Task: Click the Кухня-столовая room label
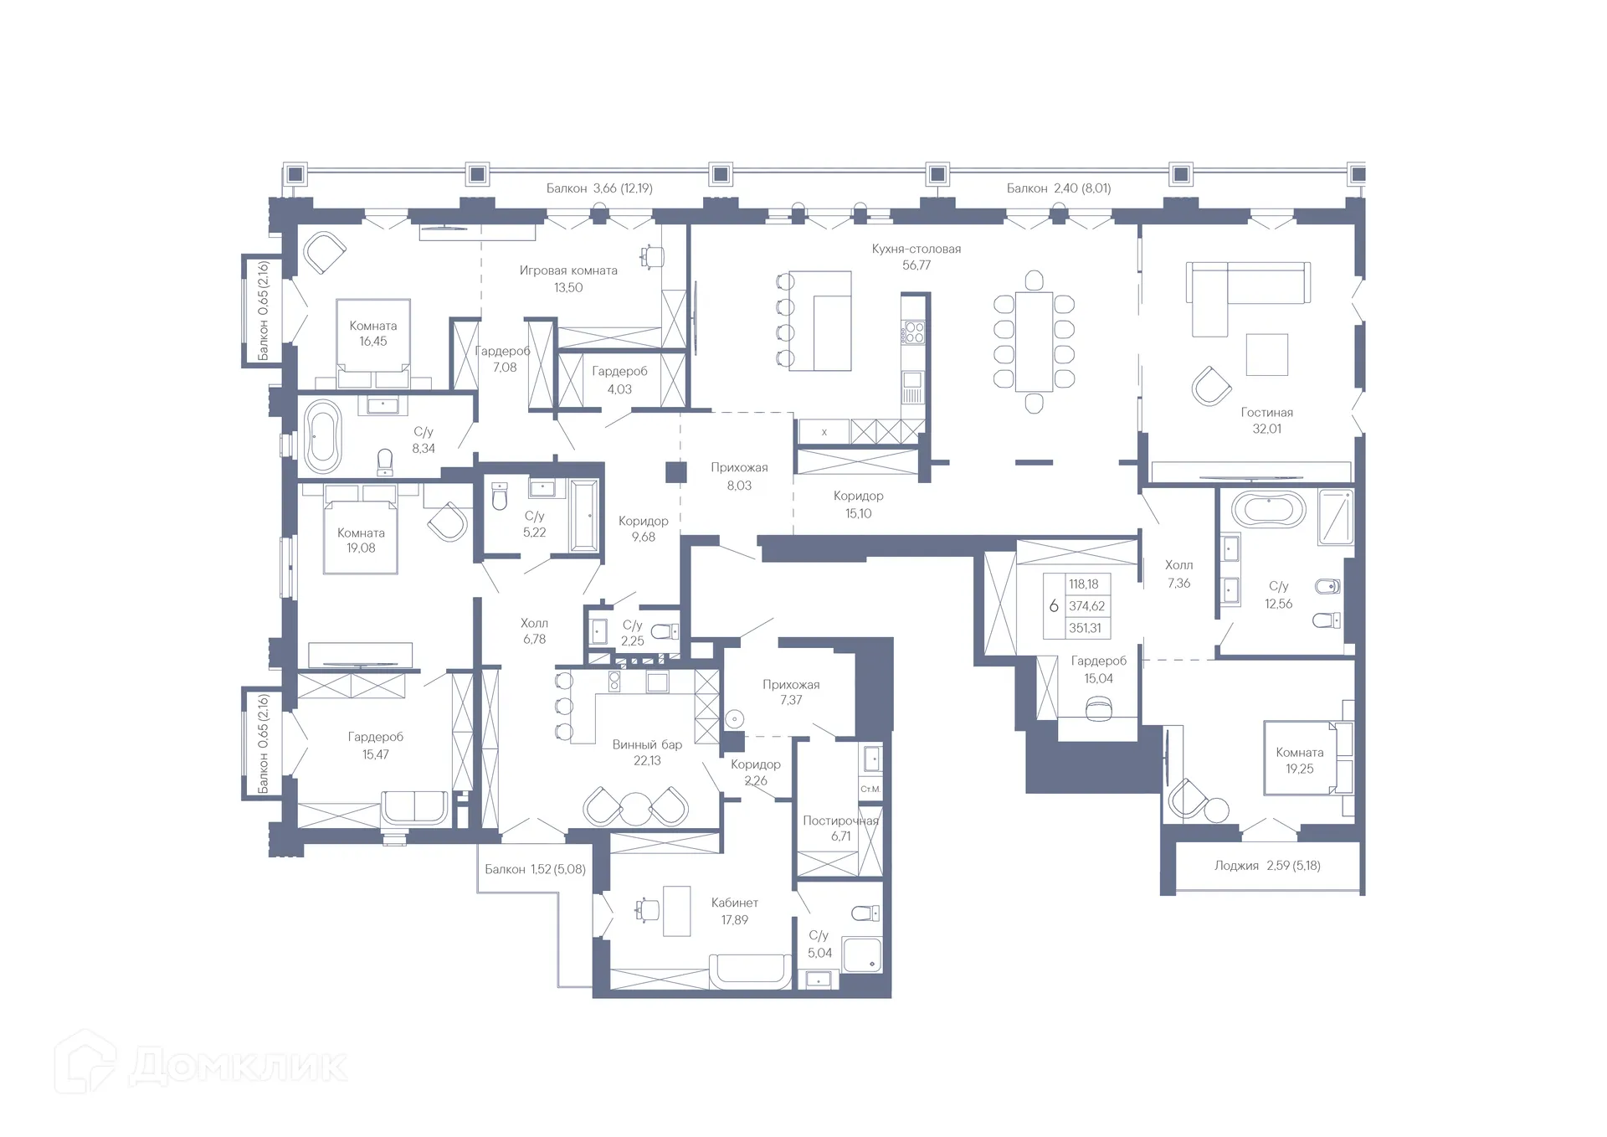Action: [916, 249]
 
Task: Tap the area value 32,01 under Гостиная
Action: [1266, 429]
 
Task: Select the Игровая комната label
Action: [568, 270]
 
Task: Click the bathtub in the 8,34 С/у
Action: [323, 436]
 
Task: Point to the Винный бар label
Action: [647, 744]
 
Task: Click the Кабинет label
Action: [734, 903]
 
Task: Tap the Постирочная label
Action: [840, 821]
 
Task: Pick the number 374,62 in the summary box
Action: [1086, 606]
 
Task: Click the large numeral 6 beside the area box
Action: [1054, 606]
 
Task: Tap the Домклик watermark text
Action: [239, 1066]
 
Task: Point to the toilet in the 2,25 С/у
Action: [665, 631]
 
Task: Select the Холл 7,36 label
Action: [1178, 565]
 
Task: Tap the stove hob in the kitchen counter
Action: [913, 333]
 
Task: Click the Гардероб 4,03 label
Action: [619, 371]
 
